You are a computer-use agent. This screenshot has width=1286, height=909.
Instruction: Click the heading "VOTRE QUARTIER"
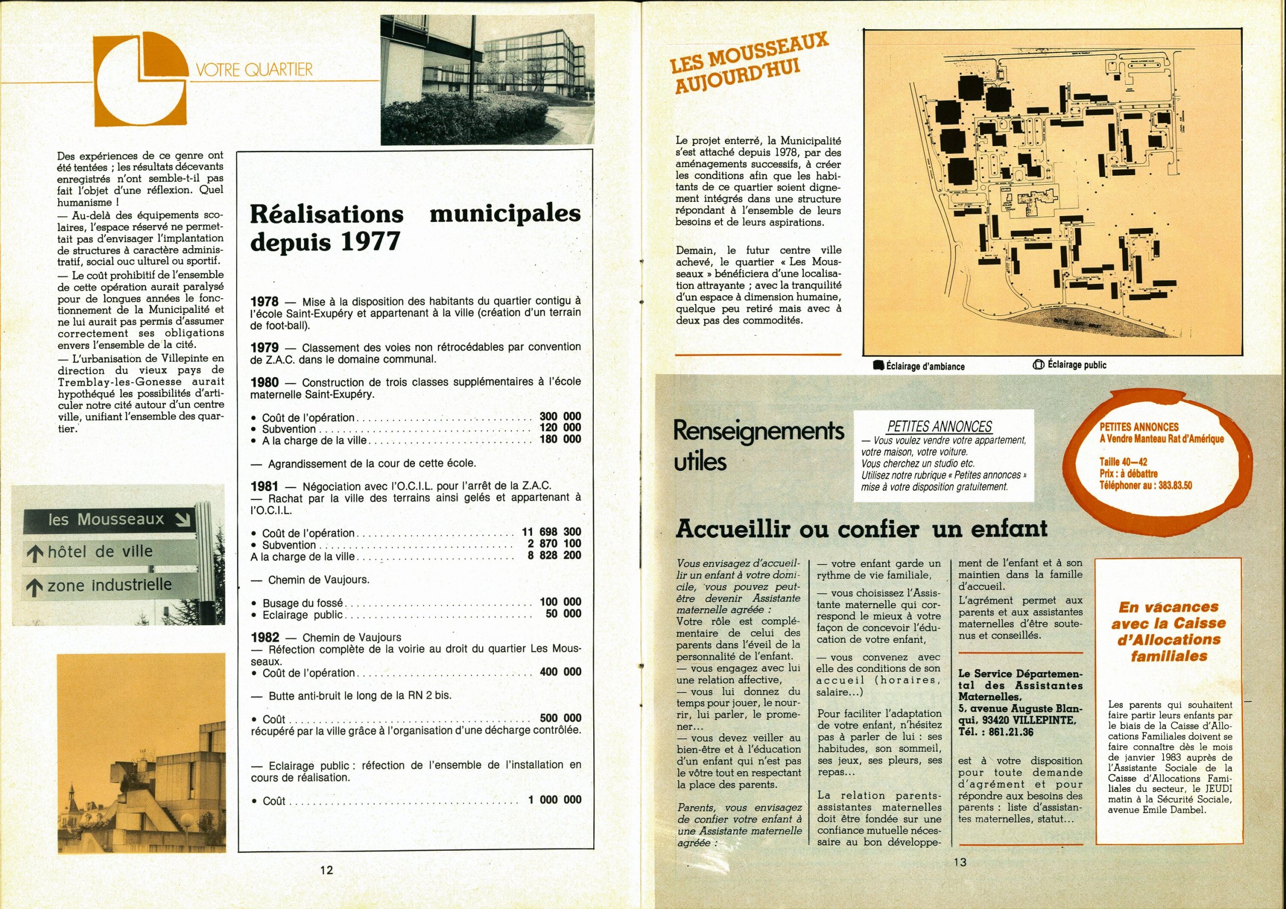tap(254, 70)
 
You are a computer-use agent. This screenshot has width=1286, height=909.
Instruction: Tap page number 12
tap(327, 870)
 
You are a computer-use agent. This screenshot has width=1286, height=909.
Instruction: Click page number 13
tap(959, 862)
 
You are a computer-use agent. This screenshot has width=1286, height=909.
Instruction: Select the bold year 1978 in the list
tap(264, 302)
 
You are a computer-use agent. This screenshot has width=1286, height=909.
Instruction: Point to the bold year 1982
tap(265, 637)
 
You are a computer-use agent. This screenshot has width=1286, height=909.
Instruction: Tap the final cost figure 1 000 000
tap(555, 800)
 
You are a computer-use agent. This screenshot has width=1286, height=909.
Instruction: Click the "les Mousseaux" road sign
tap(106, 520)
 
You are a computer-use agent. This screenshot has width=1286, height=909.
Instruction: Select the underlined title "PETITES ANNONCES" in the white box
tap(939, 427)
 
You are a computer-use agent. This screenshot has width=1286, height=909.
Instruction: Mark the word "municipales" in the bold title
tap(505, 213)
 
